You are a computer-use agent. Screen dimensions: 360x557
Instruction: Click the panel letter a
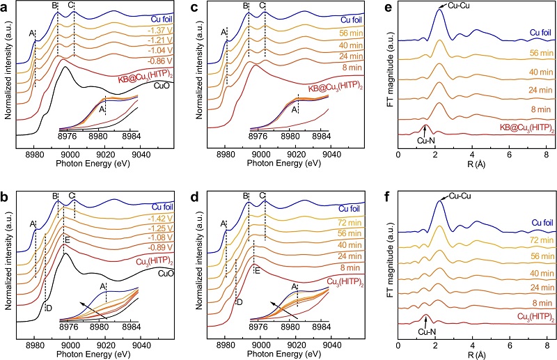tap(6, 8)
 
